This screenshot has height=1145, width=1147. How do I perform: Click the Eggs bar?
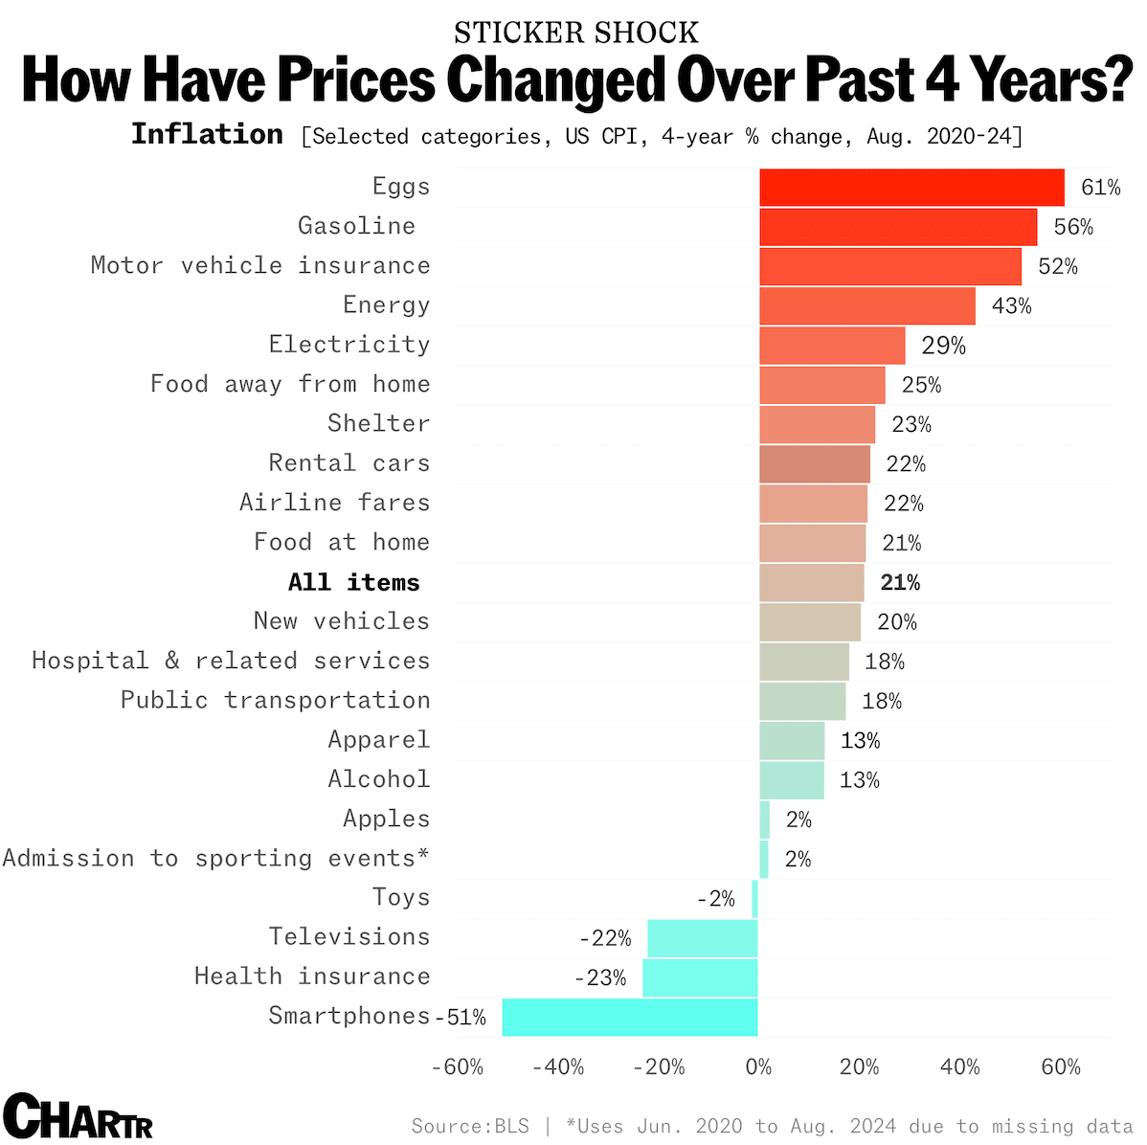tap(911, 188)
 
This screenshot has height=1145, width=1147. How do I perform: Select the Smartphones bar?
tap(630, 1017)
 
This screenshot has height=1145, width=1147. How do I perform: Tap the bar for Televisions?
tap(703, 938)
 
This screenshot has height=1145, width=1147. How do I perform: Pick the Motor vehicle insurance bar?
tap(890, 266)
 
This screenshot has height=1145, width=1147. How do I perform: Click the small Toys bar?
tap(755, 899)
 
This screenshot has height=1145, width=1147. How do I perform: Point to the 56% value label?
tap(1073, 227)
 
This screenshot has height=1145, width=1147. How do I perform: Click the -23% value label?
tap(600, 977)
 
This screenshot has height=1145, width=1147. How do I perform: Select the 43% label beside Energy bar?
tap(1011, 306)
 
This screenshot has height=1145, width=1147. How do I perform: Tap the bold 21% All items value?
tap(900, 582)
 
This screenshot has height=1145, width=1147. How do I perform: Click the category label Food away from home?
tap(290, 384)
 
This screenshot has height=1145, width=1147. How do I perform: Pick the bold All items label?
tap(353, 582)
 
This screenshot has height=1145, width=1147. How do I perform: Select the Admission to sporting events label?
tap(215, 858)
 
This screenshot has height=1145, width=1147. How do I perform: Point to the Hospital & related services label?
tap(231, 661)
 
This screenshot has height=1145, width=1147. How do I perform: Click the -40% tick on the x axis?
tap(558, 1067)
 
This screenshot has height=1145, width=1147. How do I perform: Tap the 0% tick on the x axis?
tap(758, 1067)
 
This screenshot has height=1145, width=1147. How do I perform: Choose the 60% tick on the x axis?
tap(1060, 1067)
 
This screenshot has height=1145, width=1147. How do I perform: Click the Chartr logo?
tap(78, 1116)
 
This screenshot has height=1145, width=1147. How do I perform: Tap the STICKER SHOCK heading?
tap(576, 33)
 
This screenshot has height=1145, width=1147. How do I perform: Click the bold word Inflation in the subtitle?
tap(207, 134)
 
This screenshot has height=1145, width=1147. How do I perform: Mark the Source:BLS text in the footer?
tap(470, 1126)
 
